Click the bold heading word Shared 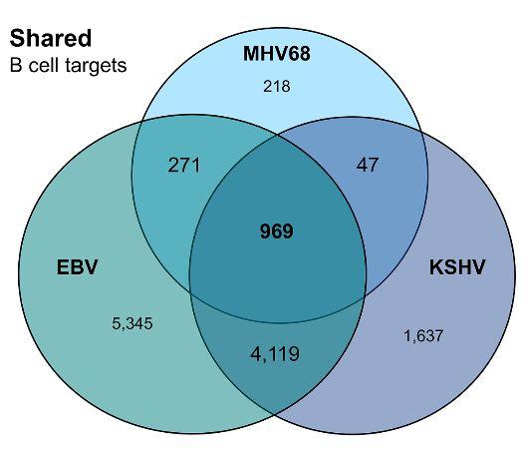coord(51,39)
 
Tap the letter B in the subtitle coord(15,67)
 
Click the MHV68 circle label coord(277,52)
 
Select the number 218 coord(276,87)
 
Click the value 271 coord(183,164)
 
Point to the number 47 coord(368,164)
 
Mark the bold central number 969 coord(276,231)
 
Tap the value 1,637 coord(423,335)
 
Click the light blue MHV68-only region coord(276,110)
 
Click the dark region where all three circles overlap coord(276,259)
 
